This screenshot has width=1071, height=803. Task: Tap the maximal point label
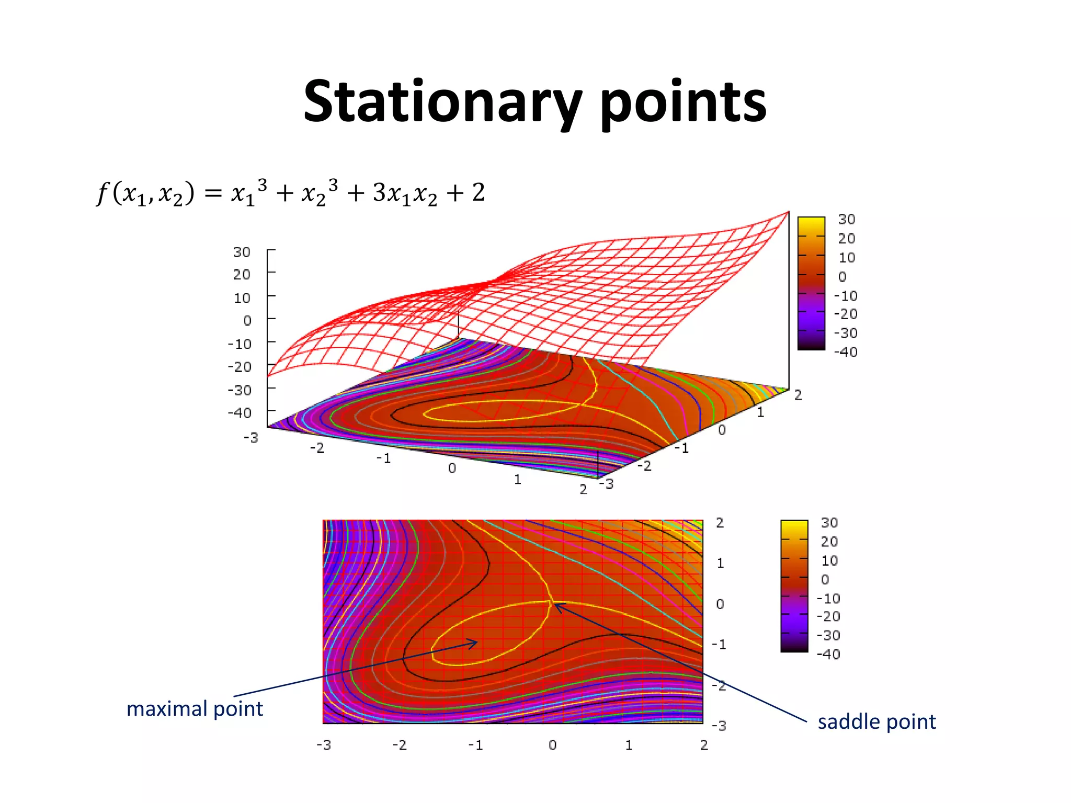(195, 709)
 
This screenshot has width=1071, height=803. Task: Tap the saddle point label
(876, 722)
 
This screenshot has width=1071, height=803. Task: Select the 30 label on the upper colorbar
(846, 220)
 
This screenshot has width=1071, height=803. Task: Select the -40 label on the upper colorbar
(845, 352)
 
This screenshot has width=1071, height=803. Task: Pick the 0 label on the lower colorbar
(825, 580)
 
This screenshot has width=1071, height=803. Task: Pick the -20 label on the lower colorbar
(828, 617)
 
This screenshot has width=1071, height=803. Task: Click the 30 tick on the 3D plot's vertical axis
(242, 252)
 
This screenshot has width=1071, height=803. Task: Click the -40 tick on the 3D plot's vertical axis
(240, 413)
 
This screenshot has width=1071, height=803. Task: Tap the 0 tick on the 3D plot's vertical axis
(247, 320)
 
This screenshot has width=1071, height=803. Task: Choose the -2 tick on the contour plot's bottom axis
(400, 745)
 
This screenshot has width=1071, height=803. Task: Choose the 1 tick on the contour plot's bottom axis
(629, 745)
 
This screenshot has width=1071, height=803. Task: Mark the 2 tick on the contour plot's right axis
(720, 523)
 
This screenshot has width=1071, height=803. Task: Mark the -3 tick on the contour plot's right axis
(719, 726)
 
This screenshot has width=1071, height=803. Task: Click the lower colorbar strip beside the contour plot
(794, 586)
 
